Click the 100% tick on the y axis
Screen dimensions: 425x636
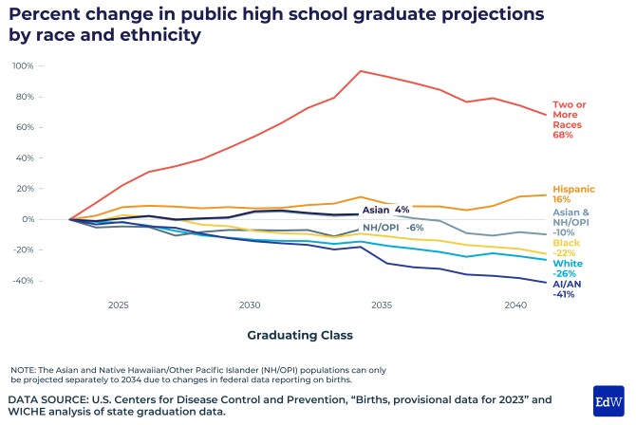point(23,66)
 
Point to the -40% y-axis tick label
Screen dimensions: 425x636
point(23,282)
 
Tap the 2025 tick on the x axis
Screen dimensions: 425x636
point(119,306)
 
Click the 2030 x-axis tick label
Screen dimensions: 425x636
point(251,306)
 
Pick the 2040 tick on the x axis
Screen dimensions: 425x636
point(514,306)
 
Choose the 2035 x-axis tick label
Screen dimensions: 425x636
point(383,306)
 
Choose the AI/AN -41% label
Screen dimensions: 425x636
point(567,288)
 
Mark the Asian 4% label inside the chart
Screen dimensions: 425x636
point(385,210)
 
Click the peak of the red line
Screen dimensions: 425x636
point(361,71)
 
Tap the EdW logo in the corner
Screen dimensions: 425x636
point(608,401)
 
